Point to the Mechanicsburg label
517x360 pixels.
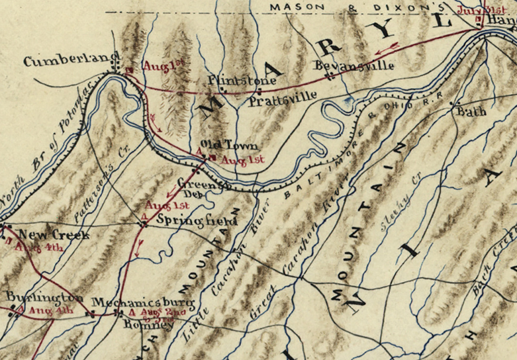143,302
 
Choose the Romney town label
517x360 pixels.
148,325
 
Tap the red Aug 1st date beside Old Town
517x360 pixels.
242,159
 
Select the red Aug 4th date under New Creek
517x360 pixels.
38,248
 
